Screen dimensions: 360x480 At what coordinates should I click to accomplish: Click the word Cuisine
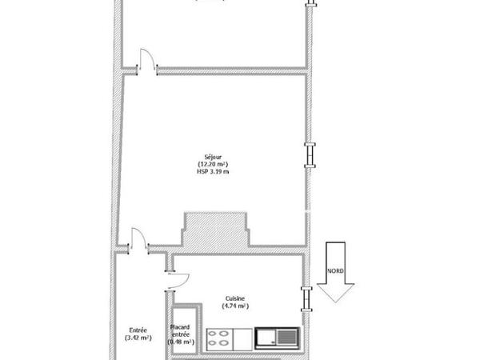click(x=236, y=298)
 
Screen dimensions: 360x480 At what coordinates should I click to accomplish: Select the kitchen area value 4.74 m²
click(x=236, y=306)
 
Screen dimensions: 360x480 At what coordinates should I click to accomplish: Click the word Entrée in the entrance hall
click(x=137, y=330)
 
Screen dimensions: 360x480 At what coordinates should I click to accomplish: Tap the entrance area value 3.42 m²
click(x=137, y=338)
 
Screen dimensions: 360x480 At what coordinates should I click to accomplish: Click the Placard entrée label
click(x=181, y=330)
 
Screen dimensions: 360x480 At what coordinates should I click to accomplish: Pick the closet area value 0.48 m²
click(x=181, y=342)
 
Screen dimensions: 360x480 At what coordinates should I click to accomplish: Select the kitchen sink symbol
click(x=277, y=338)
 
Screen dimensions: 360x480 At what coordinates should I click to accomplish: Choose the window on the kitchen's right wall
click(x=303, y=298)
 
